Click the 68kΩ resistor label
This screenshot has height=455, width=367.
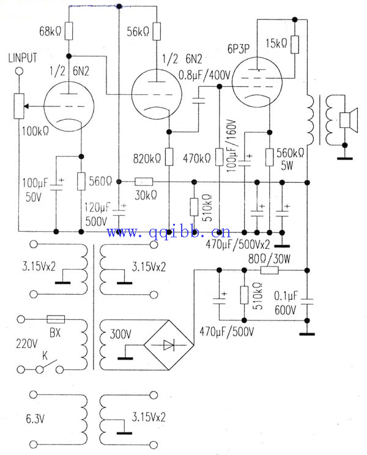click(x=50, y=31)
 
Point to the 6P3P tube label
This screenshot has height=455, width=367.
click(x=237, y=47)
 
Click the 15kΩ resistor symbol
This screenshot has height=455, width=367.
click(x=295, y=44)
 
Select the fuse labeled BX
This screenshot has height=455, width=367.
click(x=56, y=319)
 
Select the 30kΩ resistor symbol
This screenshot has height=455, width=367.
click(x=144, y=182)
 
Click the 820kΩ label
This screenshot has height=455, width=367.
click(x=147, y=158)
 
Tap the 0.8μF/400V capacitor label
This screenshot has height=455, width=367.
click(x=203, y=75)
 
